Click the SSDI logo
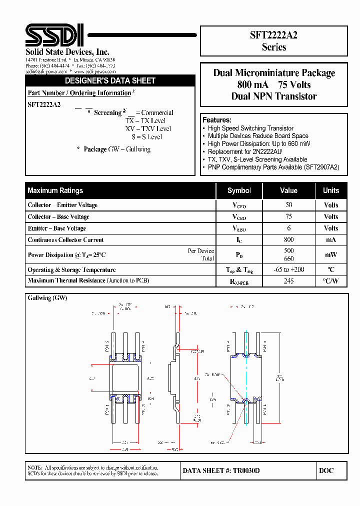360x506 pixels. click(55, 35)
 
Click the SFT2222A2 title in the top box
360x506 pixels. click(273, 34)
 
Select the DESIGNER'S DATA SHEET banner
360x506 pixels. click(110, 80)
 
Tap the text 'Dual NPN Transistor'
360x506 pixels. click(273, 96)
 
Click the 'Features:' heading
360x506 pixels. click(216, 120)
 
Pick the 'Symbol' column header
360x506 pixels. click(239, 190)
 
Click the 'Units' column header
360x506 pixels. click(330, 190)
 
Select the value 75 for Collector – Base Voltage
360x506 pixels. click(288, 216)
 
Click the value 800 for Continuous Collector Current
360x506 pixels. click(288, 239)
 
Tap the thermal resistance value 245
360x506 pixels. click(288, 281)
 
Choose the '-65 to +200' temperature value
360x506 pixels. click(288, 269)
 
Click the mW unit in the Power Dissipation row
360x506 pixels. click(330, 255)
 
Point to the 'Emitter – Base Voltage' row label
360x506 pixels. click(56, 228)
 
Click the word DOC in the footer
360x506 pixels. click(325, 470)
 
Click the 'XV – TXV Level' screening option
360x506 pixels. click(148, 128)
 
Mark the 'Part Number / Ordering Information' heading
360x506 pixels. click(79, 93)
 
